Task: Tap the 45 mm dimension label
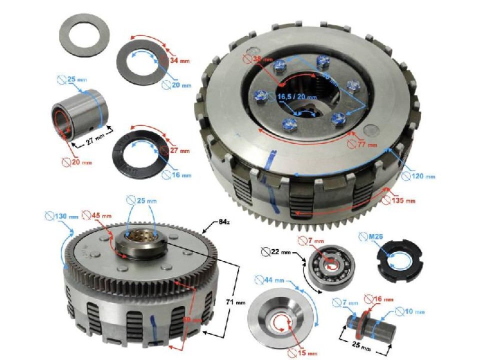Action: tap(97, 216)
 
